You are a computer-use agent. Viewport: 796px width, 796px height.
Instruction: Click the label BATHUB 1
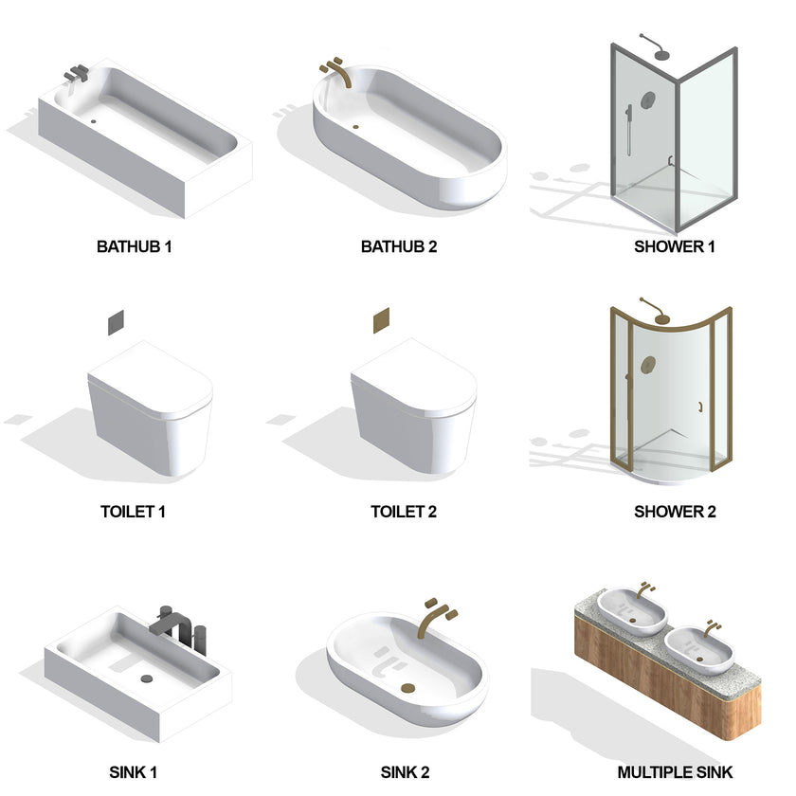[134, 246]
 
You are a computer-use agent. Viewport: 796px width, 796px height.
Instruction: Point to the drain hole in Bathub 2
[356, 127]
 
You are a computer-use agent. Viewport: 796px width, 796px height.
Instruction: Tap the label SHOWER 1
[674, 246]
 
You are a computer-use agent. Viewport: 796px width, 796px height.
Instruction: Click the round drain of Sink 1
[146, 678]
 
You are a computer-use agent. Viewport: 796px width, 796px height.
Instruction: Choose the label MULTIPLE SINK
[675, 773]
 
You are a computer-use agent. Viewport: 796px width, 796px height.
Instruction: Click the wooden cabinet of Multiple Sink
[663, 692]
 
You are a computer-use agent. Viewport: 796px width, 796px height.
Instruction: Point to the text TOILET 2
[403, 512]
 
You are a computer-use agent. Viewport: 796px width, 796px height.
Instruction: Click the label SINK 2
[405, 773]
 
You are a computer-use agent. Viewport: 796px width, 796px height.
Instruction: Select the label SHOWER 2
[675, 512]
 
